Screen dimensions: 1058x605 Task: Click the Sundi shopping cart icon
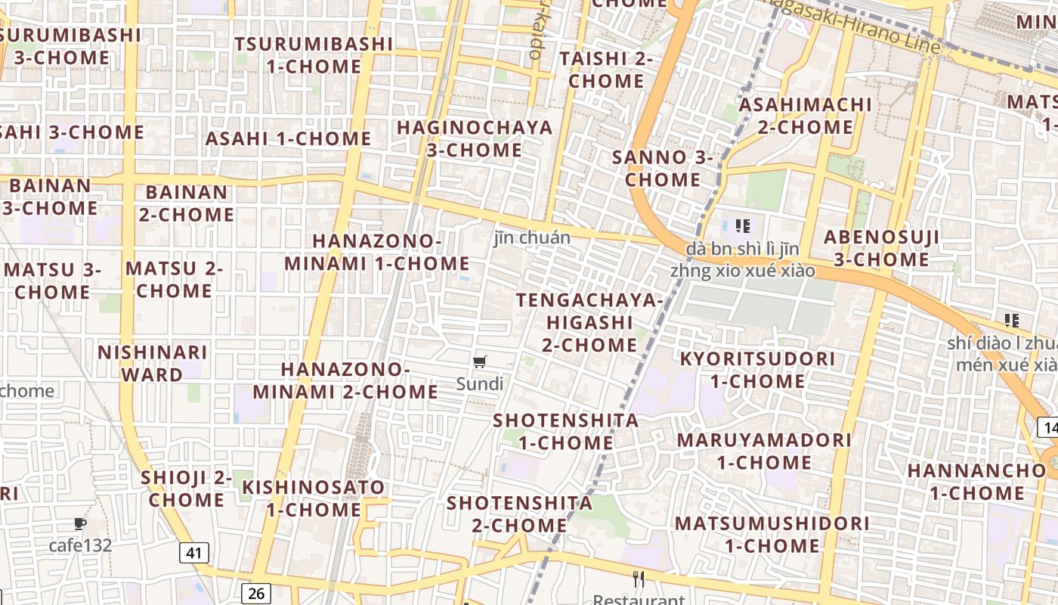click(x=480, y=362)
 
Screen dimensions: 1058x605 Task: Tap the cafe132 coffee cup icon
click(x=80, y=524)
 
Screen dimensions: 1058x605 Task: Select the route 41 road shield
click(x=194, y=554)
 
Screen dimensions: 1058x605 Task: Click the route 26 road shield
click(x=256, y=593)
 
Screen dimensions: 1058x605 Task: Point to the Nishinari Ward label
click(x=152, y=364)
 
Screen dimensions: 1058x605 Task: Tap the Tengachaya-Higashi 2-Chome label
click(x=589, y=322)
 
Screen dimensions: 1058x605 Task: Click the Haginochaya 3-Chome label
click(x=475, y=138)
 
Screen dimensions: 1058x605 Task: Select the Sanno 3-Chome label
click(x=663, y=169)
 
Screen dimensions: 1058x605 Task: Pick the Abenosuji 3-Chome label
click(x=881, y=248)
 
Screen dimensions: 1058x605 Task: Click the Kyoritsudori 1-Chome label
click(x=757, y=370)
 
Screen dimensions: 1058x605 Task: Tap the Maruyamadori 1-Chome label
click(x=764, y=451)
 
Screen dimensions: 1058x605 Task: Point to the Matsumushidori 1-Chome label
click(x=772, y=534)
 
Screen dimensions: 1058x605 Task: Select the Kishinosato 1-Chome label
click(x=313, y=498)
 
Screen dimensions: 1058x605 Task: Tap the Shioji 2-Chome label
click(x=186, y=489)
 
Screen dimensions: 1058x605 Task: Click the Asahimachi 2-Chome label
click(x=805, y=116)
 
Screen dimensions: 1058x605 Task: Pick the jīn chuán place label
click(x=532, y=237)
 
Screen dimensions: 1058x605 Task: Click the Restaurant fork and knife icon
click(x=639, y=580)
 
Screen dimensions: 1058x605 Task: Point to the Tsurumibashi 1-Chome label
click(x=314, y=55)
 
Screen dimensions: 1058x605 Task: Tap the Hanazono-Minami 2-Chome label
click(x=345, y=380)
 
